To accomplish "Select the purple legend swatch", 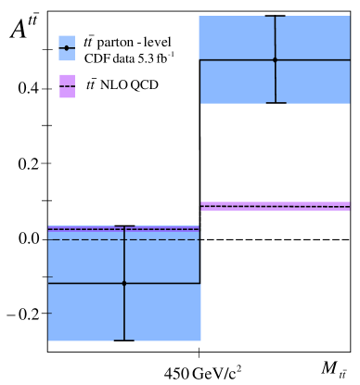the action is tap(67, 92).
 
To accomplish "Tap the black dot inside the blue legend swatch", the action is tap(67, 48).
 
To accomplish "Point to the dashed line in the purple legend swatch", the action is tap(67, 86).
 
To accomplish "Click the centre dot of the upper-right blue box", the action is tap(275, 60).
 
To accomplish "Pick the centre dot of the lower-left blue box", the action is tap(124, 283).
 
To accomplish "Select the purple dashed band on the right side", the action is tap(276, 206).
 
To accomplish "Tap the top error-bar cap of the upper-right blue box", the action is tap(276, 17).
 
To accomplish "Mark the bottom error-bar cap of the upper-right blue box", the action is tap(276, 103).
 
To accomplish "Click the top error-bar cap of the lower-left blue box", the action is tap(124, 226).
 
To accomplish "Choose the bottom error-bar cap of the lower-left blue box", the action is tap(124, 340).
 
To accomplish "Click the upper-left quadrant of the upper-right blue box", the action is tap(237, 38).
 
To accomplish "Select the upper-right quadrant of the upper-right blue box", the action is tap(313, 38).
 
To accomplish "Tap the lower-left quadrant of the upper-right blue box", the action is tap(238, 82).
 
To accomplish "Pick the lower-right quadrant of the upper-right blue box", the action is tap(313, 82).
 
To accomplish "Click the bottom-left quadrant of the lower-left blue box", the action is tap(86, 312).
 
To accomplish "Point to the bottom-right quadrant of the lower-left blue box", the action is tap(162, 312).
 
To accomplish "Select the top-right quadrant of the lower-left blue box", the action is tap(162, 262).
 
